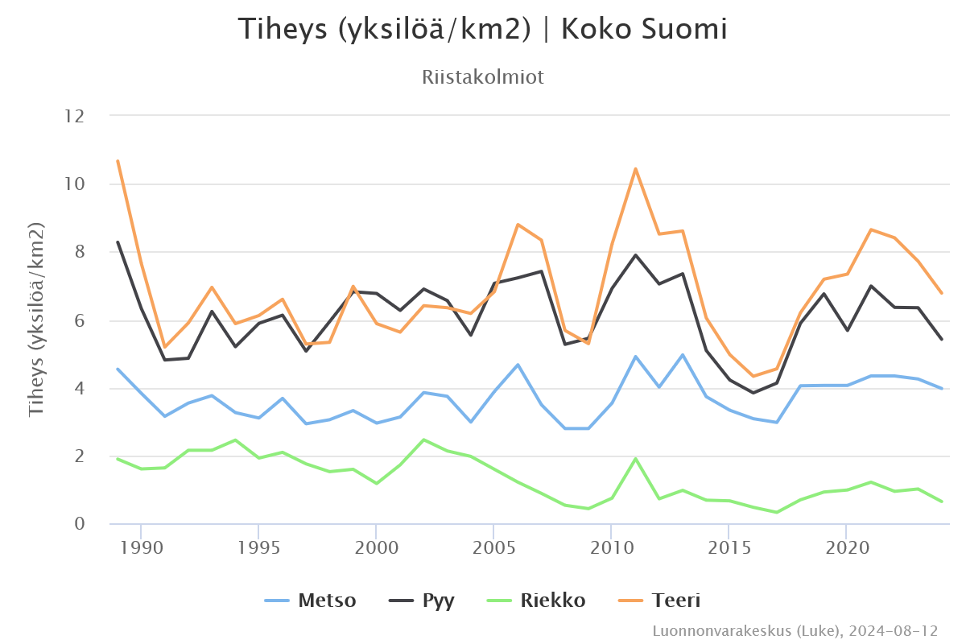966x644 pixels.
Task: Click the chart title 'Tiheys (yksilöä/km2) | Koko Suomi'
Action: point(483,30)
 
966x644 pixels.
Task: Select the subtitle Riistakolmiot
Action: point(483,77)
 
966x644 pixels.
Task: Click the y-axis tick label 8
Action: point(79,252)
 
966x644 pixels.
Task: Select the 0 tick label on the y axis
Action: point(79,524)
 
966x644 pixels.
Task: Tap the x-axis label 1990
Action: point(141,547)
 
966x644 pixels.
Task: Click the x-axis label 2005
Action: point(493,547)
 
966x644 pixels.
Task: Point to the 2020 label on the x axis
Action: point(846,547)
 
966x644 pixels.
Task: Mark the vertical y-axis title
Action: point(36,320)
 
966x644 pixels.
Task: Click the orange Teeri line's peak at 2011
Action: point(635,169)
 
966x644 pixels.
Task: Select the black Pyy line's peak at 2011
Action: point(635,255)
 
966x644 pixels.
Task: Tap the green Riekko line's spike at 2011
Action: point(635,459)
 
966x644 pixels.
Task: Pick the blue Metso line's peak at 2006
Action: point(518,365)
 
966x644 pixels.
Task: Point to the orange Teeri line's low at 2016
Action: point(753,376)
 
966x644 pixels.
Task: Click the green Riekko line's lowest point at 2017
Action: point(776,512)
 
